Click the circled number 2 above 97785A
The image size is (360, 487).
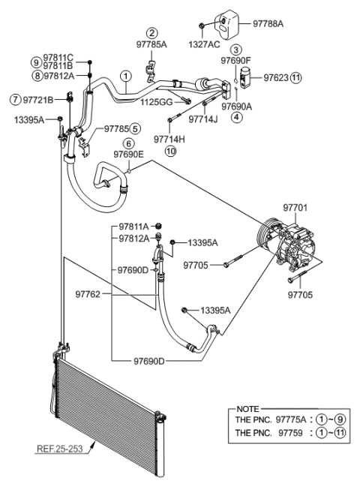point(152,33)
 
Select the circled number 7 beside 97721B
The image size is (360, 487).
point(14,99)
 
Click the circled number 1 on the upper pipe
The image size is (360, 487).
point(127,76)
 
